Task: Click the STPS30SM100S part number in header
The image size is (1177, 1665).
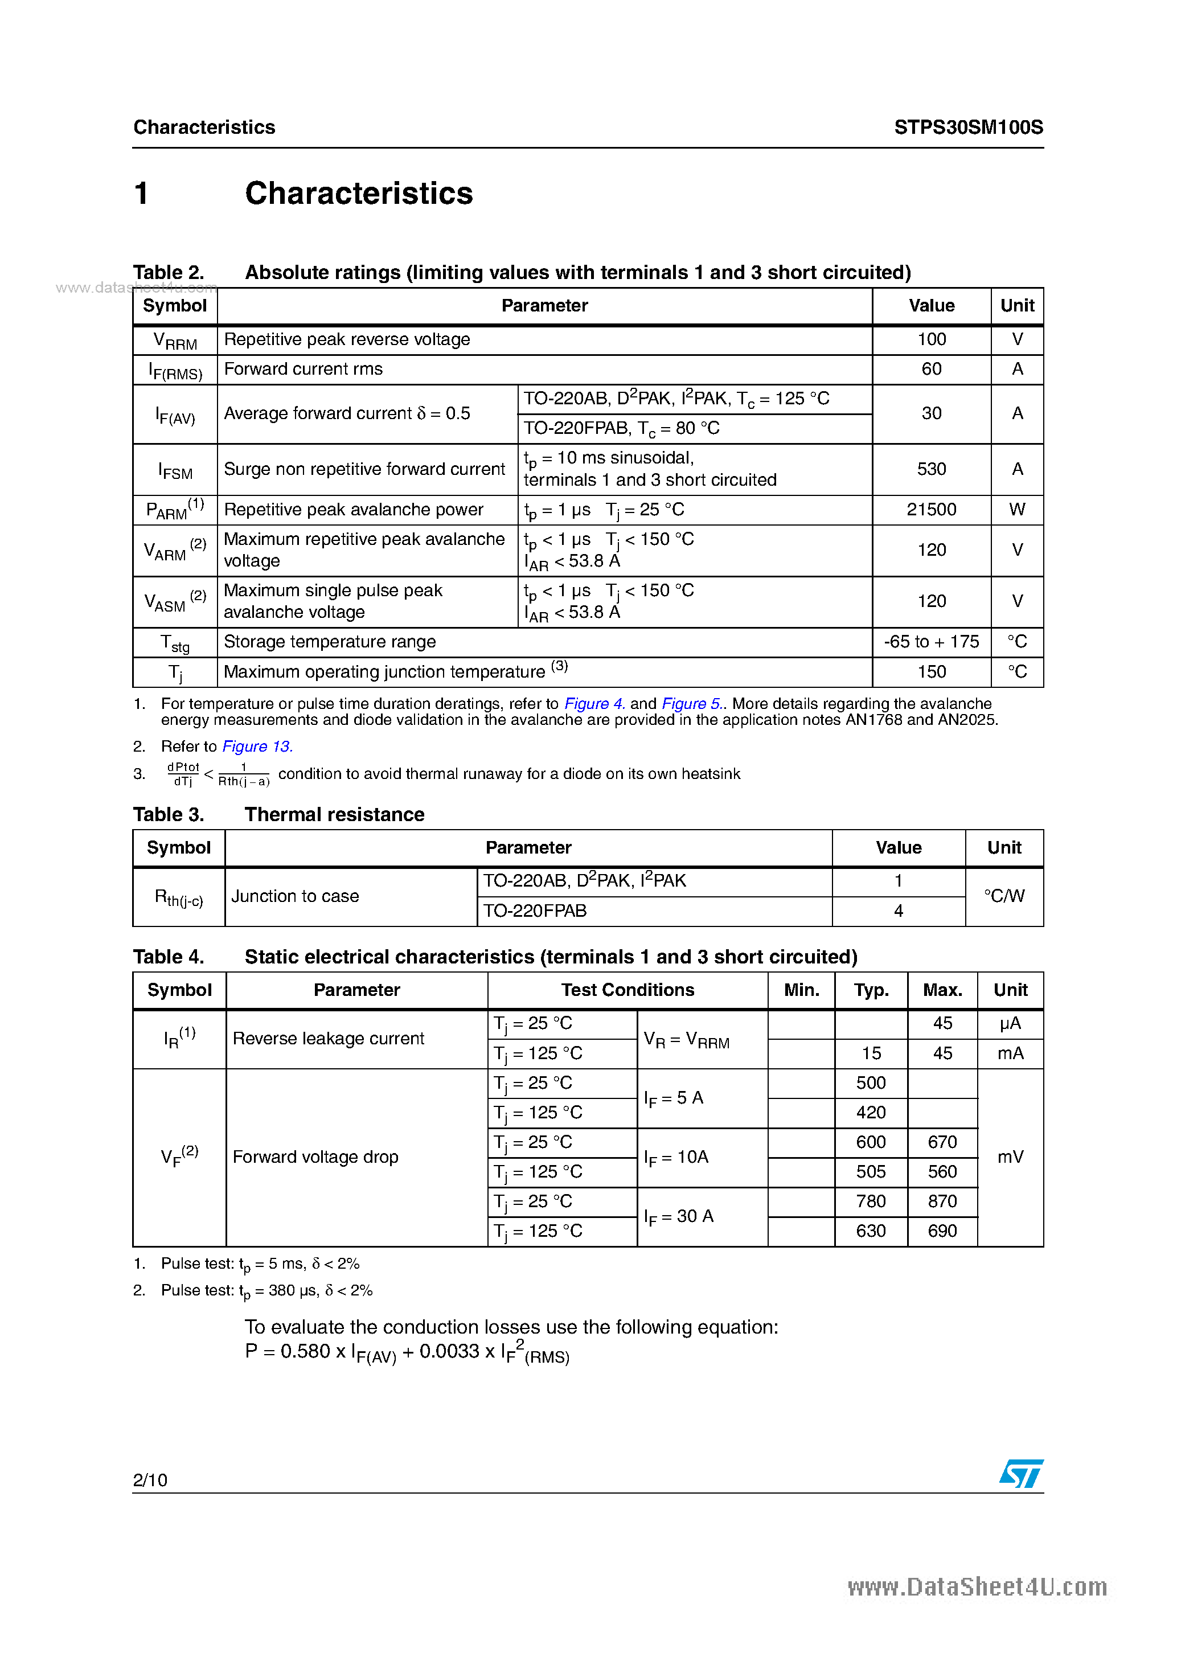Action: (x=967, y=128)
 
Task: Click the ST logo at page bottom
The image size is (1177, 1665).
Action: (x=1020, y=1474)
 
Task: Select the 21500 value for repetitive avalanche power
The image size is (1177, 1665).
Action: (x=930, y=510)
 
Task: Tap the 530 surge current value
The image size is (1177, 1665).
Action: (x=930, y=469)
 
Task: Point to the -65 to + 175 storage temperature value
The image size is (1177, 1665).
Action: (x=930, y=642)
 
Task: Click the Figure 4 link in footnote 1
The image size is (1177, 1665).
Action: (x=594, y=703)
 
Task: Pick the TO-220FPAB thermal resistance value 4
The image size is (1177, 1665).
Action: (x=898, y=911)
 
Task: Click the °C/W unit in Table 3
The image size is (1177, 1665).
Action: (x=1004, y=896)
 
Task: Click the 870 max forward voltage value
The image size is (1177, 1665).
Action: (x=941, y=1201)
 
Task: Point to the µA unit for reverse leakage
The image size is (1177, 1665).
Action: (x=1010, y=1023)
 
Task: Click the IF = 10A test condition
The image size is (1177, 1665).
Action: (x=676, y=1158)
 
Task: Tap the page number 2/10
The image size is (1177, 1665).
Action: (x=150, y=1480)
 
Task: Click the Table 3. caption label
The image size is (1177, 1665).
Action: (x=168, y=814)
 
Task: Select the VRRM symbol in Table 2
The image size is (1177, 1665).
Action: (x=175, y=341)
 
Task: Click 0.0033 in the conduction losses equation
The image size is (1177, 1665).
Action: (x=449, y=1351)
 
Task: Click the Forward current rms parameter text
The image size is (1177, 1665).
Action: (x=303, y=369)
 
